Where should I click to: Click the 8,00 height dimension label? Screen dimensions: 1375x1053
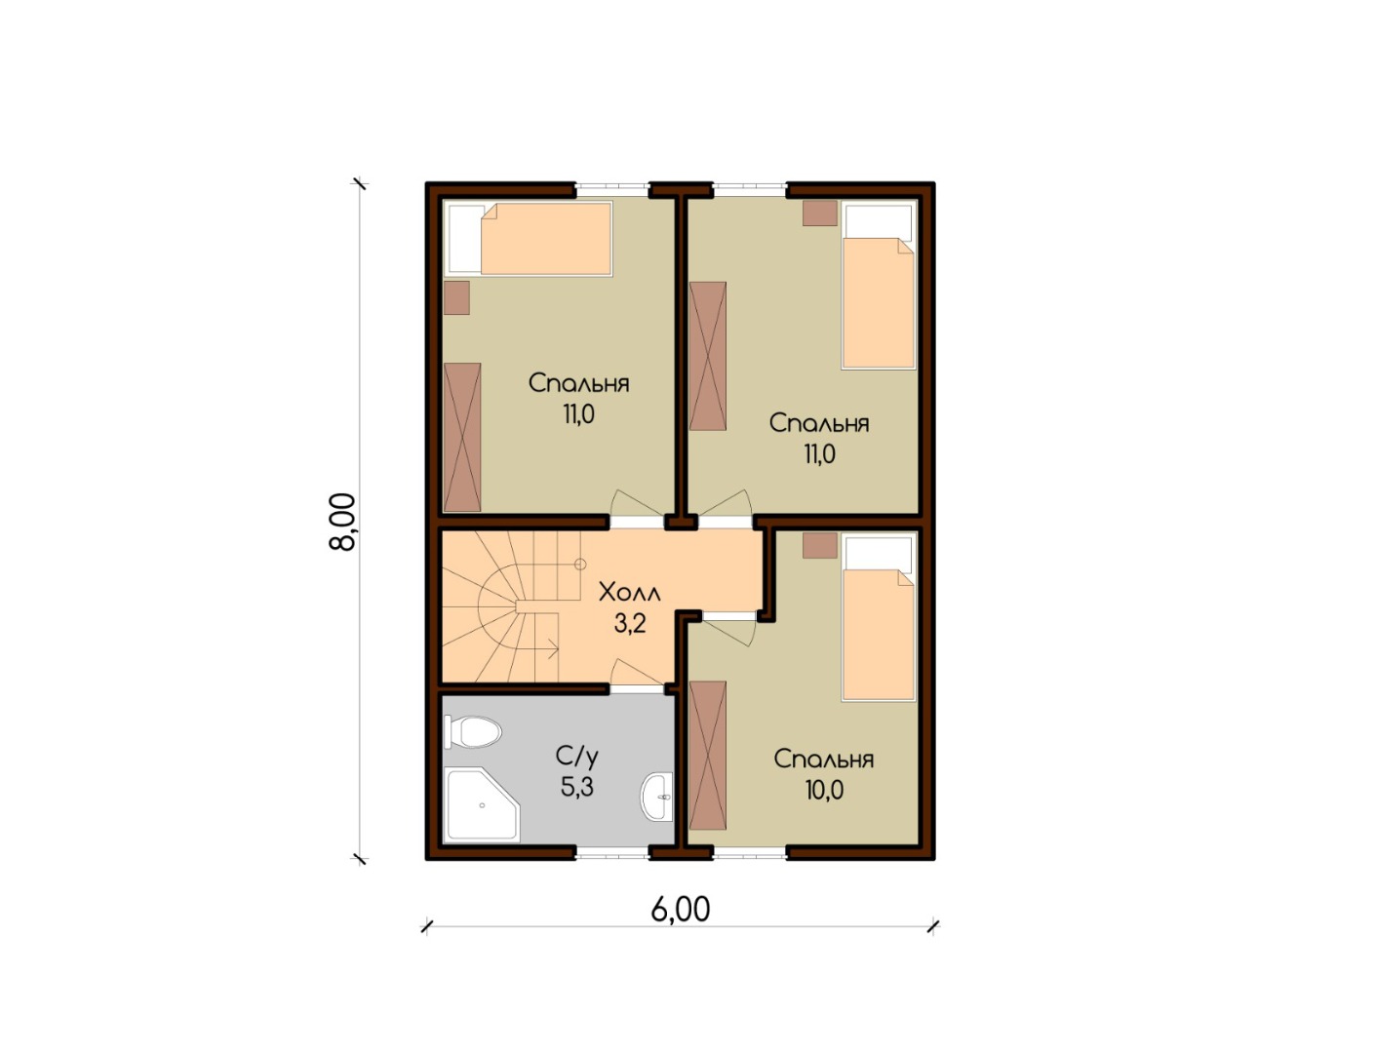coord(343,523)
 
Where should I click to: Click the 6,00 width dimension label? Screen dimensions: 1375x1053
coord(681,910)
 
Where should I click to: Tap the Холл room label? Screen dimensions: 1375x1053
coord(630,593)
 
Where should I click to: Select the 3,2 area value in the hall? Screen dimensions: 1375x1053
coord(630,624)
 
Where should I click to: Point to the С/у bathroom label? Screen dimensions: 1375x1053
coord(576,756)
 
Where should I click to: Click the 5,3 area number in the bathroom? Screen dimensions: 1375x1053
coord(576,786)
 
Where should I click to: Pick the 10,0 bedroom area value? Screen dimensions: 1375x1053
coord(824,790)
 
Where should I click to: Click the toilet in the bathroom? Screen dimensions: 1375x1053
coord(473,731)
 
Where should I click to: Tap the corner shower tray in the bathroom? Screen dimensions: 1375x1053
coord(482,805)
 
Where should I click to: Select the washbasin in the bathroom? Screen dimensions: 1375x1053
coord(657,797)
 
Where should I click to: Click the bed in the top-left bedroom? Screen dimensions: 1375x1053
coord(528,239)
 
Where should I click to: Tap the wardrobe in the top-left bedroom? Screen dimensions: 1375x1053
coord(462,437)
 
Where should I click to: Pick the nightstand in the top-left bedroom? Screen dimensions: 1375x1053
coord(456,298)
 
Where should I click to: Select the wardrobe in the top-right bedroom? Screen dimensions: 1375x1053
coord(707,356)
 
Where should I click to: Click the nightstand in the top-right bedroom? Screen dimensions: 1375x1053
coord(820,214)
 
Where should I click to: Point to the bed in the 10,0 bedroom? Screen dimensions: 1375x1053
coord(879,617)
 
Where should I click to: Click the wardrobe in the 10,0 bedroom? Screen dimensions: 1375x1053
coord(707,756)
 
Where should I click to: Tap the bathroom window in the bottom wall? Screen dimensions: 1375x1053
coord(612,854)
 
